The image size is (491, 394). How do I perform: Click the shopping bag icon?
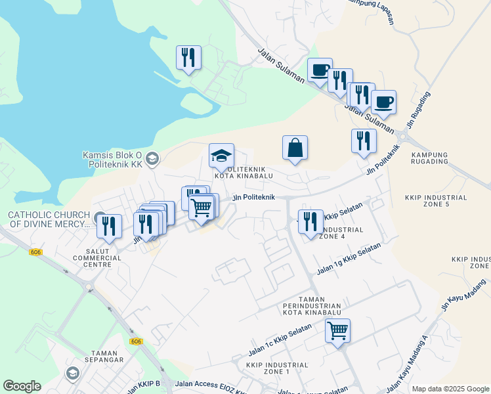[295, 148]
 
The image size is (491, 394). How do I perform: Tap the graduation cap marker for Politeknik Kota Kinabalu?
[221, 156]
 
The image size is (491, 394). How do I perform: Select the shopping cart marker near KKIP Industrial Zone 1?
[337, 331]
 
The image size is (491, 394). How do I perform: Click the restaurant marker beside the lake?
[188, 58]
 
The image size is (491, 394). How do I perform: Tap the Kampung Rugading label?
[429, 158]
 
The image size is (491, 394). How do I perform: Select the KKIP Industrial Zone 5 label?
[436, 201]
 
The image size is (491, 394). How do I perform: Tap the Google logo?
[22, 386]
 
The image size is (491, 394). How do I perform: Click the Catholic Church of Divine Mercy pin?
[99, 218]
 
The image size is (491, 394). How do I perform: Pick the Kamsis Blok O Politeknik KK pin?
[152, 158]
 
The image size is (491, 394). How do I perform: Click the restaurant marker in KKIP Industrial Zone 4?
[310, 222]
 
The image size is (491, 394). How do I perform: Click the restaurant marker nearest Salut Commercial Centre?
[109, 227]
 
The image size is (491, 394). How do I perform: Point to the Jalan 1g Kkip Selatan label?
[349, 259]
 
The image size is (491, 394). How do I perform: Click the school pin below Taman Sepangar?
[72, 374]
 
